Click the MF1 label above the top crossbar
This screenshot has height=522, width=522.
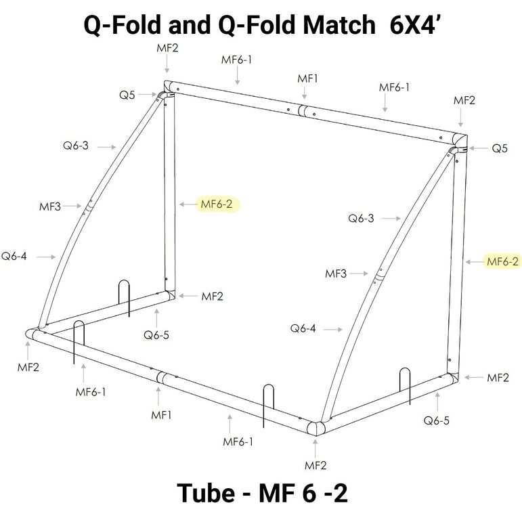308,79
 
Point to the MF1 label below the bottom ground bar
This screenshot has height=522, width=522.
160,414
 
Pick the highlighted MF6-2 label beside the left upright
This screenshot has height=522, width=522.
217,204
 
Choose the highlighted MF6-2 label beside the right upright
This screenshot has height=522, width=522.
503,261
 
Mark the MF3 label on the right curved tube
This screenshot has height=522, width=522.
336,274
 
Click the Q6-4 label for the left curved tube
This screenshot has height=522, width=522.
14,256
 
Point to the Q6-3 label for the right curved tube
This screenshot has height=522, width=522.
361,218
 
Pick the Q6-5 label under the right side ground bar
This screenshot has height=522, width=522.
437,420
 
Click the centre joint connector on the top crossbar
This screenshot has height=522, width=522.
307,112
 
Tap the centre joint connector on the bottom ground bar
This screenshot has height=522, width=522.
160,378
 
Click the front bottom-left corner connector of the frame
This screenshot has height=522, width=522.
32,334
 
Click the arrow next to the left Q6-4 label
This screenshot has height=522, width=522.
46,257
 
